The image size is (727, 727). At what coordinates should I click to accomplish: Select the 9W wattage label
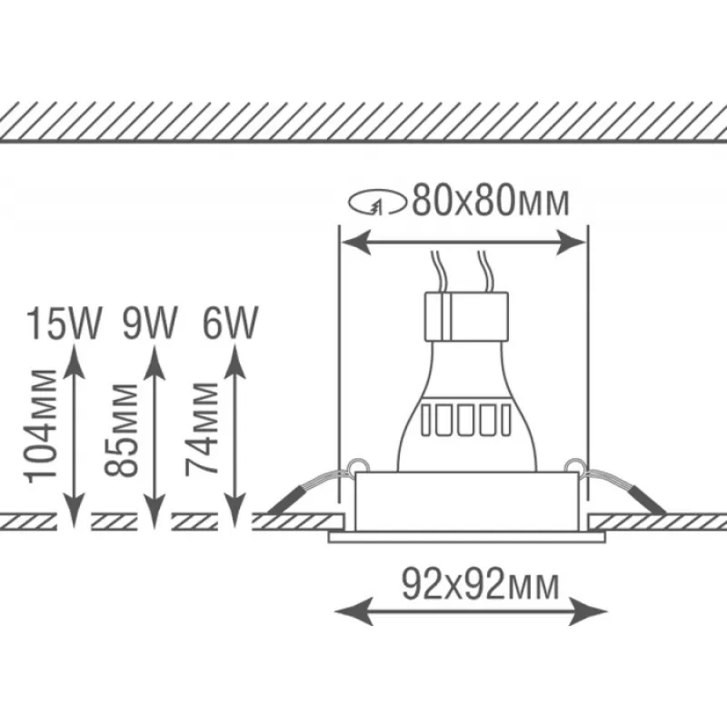[148, 323]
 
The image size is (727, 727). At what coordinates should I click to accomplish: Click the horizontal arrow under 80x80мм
[463, 241]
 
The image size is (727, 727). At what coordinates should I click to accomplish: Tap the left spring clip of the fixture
[309, 485]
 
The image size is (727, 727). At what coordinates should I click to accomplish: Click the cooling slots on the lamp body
[464, 420]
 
